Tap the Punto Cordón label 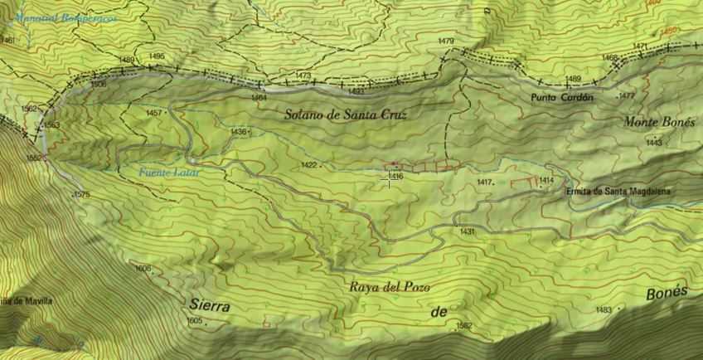(x=563, y=97)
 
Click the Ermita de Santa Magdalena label (x=618, y=192)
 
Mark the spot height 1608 (x=143, y=268)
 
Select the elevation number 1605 (x=195, y=320)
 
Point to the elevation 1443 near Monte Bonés (x=653, y=143)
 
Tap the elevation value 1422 (x=308, y=165)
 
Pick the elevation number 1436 (x=239, y=132)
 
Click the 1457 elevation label (x=153, y=113)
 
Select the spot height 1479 (x=446, y=41)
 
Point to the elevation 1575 (x=81, y=194)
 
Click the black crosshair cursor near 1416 (x=387, y=176)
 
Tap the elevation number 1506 (x=99, y=84)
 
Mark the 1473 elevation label (x=303, y=75)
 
